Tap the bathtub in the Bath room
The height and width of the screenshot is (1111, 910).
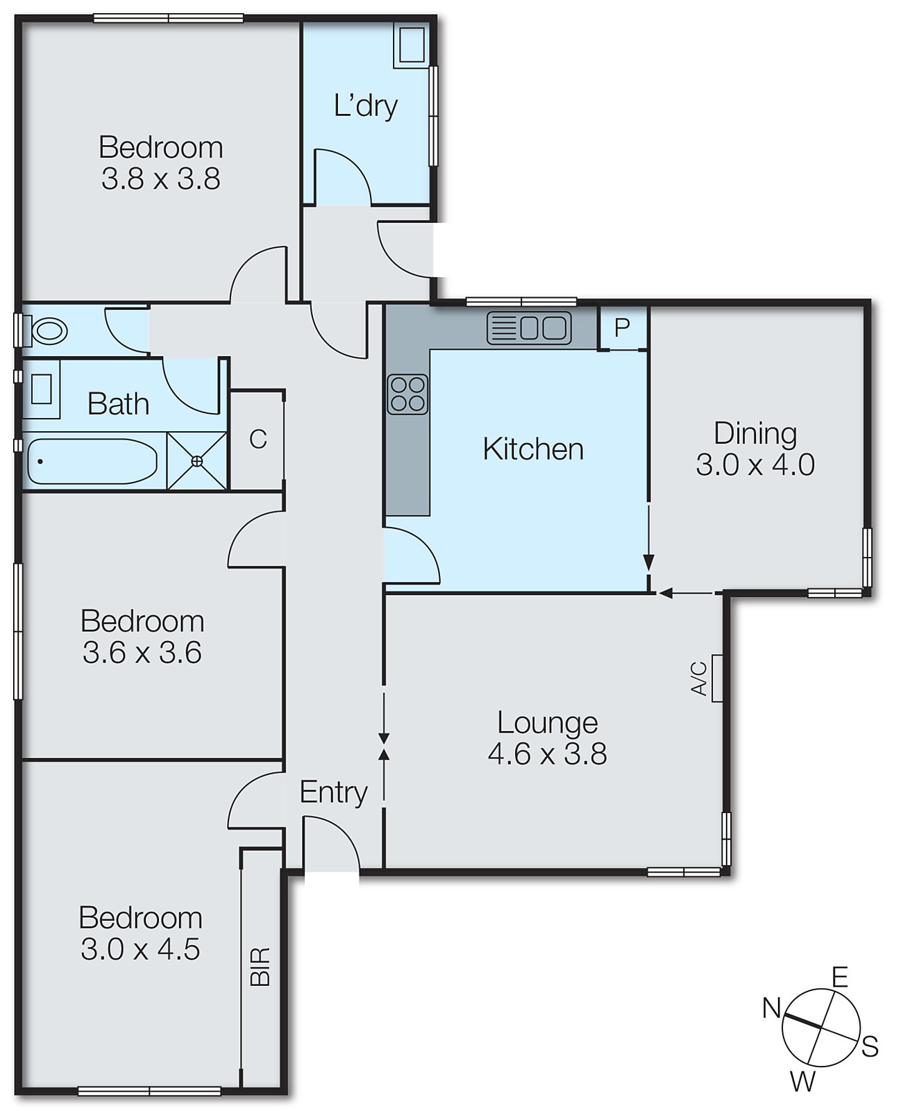pos(92,461)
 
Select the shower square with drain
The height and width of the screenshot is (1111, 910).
pos(197,461)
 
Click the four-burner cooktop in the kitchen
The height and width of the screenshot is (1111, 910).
pos(407,394)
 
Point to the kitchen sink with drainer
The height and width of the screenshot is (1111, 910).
pos(530,328)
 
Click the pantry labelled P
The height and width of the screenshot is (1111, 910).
pos(623,326)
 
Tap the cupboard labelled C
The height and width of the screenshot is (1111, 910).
pos(258,440)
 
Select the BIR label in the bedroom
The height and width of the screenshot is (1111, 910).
pos(260,967)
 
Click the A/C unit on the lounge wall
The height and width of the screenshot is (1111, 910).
pos(716,678)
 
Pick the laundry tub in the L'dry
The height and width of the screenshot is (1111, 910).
pos(412,45)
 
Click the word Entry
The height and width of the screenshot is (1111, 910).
pos(333,792)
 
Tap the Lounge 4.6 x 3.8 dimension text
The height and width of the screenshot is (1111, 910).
pos(547,754)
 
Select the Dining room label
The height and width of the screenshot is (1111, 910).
pos(755,433)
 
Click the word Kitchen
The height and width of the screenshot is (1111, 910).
pos(533,449)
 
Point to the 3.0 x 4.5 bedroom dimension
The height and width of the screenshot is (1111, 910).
pos(140,949)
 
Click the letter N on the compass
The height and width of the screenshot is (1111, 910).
pos(771,1008)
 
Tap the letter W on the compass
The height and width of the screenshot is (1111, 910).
pos(802,1081)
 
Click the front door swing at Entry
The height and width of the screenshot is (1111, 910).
pos(332,844)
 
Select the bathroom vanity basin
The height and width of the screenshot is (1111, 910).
pos(41,389)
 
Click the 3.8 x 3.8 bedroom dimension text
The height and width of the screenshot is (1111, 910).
pos(161,179)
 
